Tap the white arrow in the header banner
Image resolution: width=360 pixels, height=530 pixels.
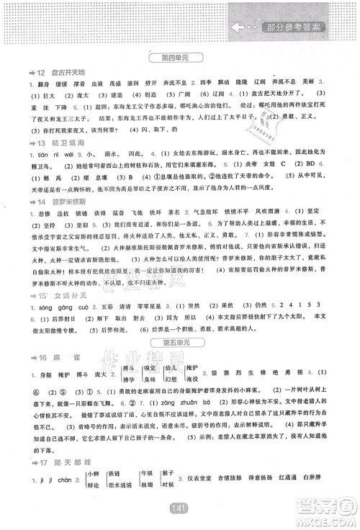(x=239, y=27)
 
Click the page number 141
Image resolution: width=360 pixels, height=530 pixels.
(x=180, y=508)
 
